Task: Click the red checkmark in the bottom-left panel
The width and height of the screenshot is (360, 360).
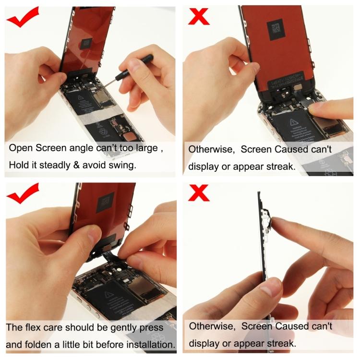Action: (x=22, y=194)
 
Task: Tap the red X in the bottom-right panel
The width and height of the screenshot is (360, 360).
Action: (x=199, y=193)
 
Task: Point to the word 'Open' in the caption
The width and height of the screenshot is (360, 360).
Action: (x=21, y=148)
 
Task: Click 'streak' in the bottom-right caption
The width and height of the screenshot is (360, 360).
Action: (x=278, y=344)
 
